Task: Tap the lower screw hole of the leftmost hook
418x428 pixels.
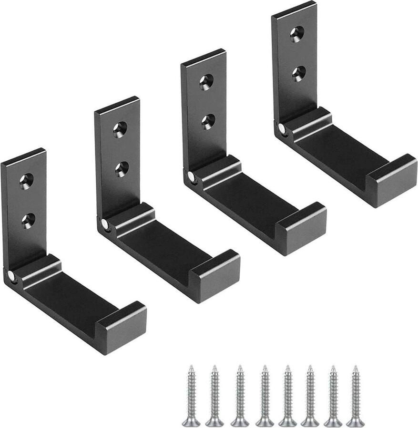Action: pyautogui.click(x=28, y=220)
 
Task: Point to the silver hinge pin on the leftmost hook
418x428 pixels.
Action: pyautogui.click(x=11, y=275)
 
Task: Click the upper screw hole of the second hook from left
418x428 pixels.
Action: pyautogui.click(x=120, y=129)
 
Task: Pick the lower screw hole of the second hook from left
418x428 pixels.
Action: pyautogui.click(x=122, y=168)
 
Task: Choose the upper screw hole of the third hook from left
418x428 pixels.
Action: pyautogui.click(x=206, y=82)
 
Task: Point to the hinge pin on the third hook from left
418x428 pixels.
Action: pyautogui.click(x=191, y=176)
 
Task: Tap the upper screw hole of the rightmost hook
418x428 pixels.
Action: pyautogui.click(x=297, y=34)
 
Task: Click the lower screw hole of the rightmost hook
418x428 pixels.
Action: pyautogui.click(x=299, y=73)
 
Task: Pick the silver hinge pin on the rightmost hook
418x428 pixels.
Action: pyautogui.click(x=282, y=128)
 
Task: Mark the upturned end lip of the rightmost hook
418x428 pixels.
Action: pyautogui.click(x=392, y=180)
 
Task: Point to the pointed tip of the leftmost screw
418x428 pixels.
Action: pyautogui.click(x=191, y=367)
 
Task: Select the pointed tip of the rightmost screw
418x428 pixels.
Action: pyautogui.click(x=355, y=367)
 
